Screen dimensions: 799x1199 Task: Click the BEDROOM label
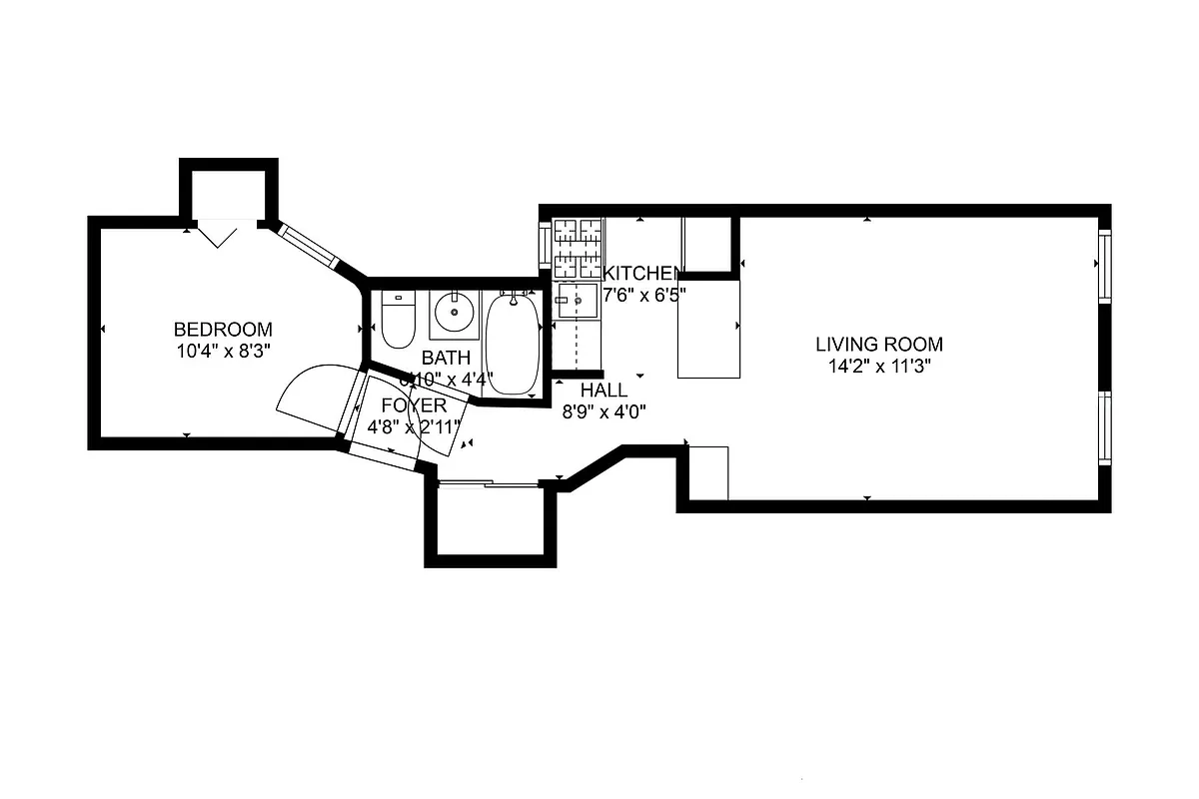[223, 330]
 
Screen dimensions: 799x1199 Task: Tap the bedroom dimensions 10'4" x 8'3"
[223, 351]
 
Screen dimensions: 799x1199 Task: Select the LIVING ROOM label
[878, 345]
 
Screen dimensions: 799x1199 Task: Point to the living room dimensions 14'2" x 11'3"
[878, 366]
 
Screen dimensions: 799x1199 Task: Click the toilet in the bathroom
[398, 320]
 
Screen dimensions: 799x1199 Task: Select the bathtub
[513, 343]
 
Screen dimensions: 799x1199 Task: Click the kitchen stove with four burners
[579, 249]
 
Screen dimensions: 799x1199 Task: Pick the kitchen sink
[578, 301]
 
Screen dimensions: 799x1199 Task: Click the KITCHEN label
[643, 274]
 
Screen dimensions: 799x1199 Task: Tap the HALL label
[603, 391]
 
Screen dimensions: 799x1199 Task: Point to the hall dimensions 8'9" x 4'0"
[603, 410]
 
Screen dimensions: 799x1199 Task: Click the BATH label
[446, 358]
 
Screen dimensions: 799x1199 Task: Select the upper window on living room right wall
[1104, 266]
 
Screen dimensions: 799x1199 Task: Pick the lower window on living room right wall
[1104, 425]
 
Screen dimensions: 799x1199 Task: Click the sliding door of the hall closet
[490, 484]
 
